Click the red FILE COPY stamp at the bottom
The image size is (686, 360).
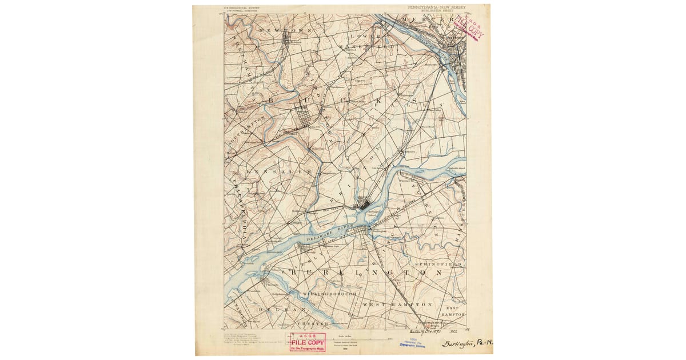[x=308, y=342]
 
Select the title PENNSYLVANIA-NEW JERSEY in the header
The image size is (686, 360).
[x=436, y=7]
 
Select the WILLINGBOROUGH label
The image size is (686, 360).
[x=330, y=294]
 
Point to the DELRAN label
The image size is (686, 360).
[x=275, y=309]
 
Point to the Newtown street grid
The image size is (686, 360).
[x=289, y=39]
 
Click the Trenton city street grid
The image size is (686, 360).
[x=456, y=57]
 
